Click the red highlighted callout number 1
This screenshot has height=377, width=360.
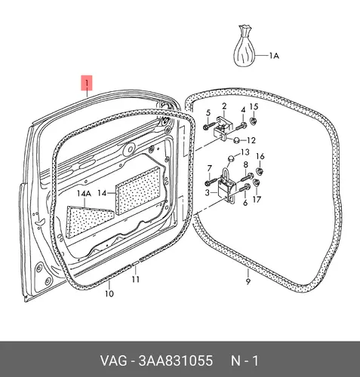pyautogui.click(x=87, y=83)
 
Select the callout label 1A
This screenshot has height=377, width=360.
pyautogui.click(x=274, y=56)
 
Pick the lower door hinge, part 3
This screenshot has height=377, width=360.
pyautogui.click(x=226, y=185)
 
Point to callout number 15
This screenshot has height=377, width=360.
pyautogui.click(x=254, y=106)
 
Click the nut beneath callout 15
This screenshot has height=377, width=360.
pyautogui.click(x=253, y=121)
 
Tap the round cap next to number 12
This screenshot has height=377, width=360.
pyautogui.click(x=237, y=140)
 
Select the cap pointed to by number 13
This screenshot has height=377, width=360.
pyautogui.click(x=231, y=159)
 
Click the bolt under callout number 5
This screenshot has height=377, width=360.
pyautogui.click(x=209, y=126)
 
